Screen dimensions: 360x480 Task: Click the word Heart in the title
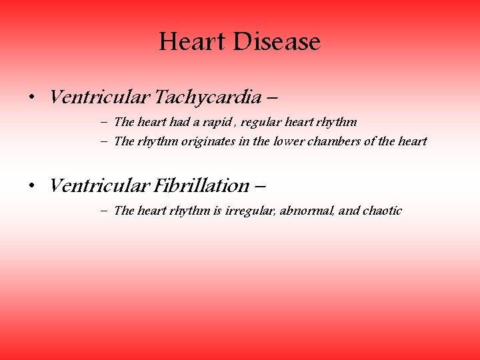click(193, 42)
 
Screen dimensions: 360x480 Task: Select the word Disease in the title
click(277, 42)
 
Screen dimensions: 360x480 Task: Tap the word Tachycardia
click(207, 98)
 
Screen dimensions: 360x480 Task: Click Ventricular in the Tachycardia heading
click(100, 97)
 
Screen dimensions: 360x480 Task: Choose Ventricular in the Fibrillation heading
click(100, 185)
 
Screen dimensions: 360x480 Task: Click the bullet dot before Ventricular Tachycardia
click(31, 99)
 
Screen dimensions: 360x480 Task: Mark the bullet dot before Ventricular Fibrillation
click(31, 186)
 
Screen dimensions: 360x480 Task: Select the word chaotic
click(382, 211)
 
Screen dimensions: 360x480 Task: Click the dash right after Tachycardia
click(272, 99)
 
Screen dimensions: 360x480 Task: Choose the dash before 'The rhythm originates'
click(107, 141)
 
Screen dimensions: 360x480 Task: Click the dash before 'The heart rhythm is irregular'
click(107, 211)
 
